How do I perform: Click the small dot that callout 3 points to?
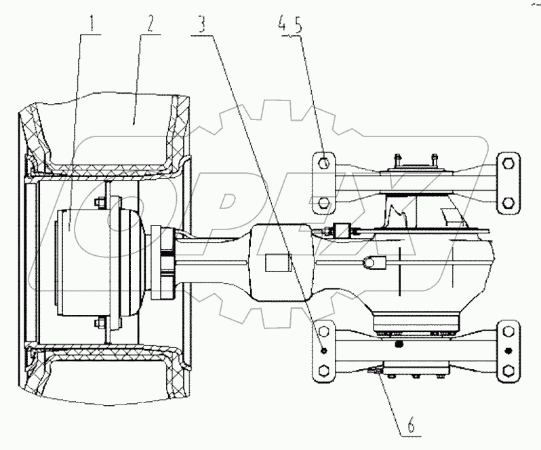[325, 350]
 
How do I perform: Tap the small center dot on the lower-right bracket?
[508, 350]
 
